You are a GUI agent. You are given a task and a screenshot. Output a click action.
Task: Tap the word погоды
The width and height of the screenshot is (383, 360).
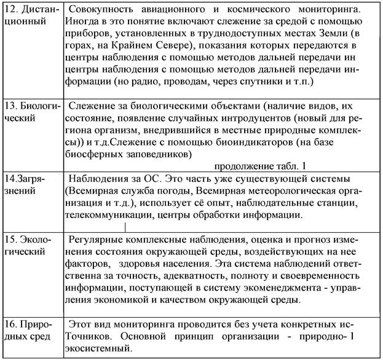tap(172, 192)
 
